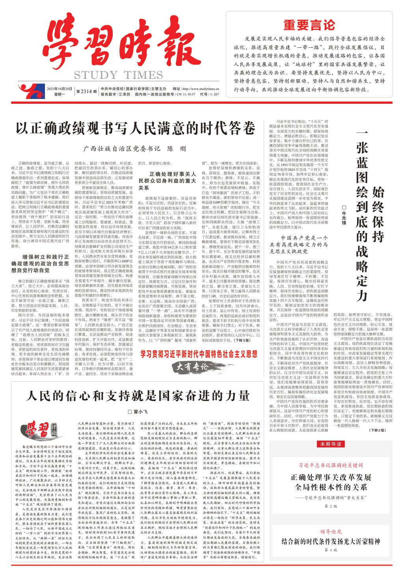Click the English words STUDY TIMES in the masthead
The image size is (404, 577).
118,75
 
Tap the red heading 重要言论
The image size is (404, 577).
309,25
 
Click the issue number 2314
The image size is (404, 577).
86,91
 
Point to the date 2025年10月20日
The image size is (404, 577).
60,89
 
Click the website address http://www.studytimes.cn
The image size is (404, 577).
201,89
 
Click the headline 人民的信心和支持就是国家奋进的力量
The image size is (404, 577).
138,396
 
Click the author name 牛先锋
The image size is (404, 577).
344,215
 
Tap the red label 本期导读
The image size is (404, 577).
331,444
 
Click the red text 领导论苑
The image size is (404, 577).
331,532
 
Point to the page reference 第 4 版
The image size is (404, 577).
331,550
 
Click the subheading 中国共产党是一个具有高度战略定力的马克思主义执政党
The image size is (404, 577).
299,245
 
